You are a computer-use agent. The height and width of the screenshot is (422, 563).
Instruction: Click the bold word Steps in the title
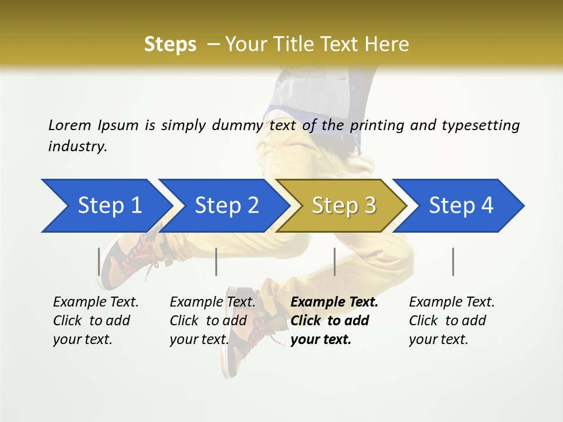click(x=170, y=45)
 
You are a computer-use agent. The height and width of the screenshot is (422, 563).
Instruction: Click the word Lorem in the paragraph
click(x=69, y=125)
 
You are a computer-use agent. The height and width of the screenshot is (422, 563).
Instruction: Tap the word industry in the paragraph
click(x=77, y=147)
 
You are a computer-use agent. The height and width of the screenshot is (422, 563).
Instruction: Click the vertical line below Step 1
click(x=99, y=261)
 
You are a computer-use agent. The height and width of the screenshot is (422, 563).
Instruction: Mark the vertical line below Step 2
click(x=216, y=261)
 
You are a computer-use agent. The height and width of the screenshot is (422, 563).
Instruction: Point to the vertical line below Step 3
click(x=334, y=261)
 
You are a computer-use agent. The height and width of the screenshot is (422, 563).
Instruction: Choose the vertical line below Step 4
click(x=453, y=261)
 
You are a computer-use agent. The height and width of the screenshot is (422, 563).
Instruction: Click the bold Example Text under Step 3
click(x=334, y=302)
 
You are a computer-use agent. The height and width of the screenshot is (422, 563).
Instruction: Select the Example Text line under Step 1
click(x=96, y=302)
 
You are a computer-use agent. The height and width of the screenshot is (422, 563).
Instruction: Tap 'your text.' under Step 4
click(x=438, y=339)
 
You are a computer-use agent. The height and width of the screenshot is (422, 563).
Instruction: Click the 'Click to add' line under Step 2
click(x=208, y=321)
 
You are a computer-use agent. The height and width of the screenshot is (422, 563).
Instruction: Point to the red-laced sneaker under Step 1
click(x=126, y=258)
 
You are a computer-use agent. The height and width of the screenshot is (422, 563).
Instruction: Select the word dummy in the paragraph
click(x=238, y=125)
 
